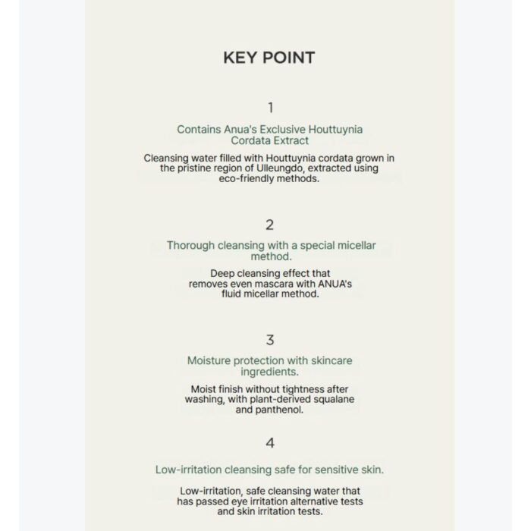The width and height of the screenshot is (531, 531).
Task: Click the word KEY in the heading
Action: [x=238, y=58]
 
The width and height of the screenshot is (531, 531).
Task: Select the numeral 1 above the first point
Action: [x=270, y=108]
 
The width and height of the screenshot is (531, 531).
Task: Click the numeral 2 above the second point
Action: [x=270, y=225]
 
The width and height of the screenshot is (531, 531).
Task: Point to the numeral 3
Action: [x=270, y=341]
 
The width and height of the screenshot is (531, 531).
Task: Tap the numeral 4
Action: [x=270, y=444]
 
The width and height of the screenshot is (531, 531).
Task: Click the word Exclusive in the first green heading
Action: [x=278, y=130]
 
